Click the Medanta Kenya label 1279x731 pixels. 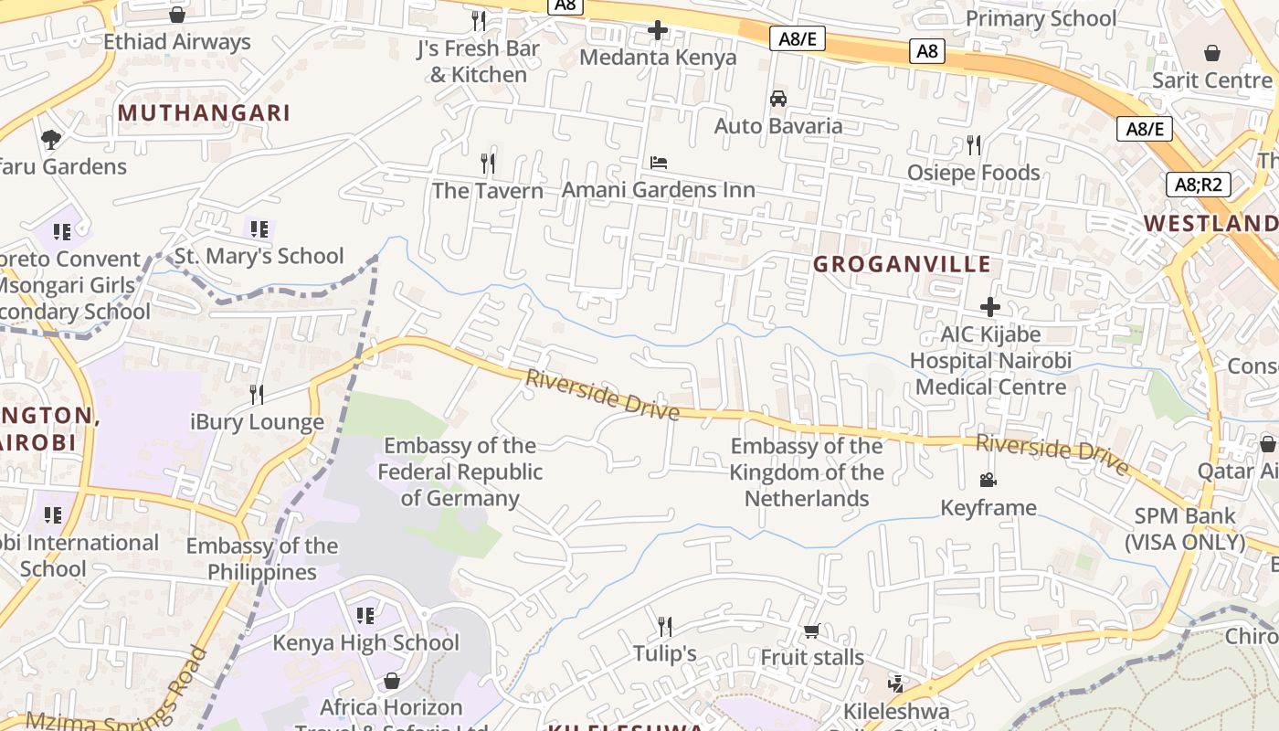point(658,58)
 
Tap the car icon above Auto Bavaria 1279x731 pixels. point(778,99)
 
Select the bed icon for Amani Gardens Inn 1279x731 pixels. point(659,163)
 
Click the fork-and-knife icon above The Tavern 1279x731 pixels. point(488,164)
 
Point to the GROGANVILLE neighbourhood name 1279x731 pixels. point(902,264)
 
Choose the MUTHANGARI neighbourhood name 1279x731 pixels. point(204,112)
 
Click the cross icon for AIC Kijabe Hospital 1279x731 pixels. point(990,307)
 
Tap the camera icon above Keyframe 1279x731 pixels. point(988,480)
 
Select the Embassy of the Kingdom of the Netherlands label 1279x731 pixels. point(807,472)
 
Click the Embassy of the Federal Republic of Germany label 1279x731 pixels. point(460,472)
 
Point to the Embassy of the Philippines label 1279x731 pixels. point(262,559)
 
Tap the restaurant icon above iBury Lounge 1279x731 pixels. point(257,395)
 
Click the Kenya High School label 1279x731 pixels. point(365,642)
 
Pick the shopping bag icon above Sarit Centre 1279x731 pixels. point(1212,53)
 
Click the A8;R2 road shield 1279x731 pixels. point(1199,185)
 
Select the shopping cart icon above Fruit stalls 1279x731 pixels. point(811,630)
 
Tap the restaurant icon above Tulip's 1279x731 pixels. point(665,627)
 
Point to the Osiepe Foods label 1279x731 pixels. point(973,173)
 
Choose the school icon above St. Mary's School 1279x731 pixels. point(259,228)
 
